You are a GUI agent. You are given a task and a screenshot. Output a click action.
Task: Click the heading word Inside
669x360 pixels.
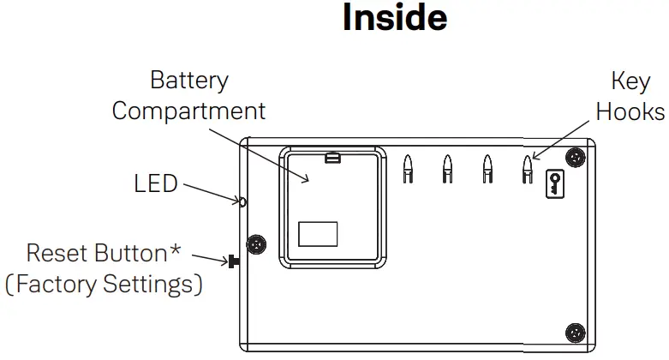[x=394, y=19]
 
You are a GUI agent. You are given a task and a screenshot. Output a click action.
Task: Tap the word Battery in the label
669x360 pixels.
[x=188, y=81]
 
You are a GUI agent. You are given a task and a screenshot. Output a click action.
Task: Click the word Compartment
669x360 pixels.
[x=188, y=111]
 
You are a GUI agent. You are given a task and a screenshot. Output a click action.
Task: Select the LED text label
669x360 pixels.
[x=156, y=183]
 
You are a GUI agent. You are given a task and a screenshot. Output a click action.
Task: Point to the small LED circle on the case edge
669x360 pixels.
[x=242, y=202]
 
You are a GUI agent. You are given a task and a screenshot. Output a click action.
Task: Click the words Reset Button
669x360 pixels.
[x=95, y=254]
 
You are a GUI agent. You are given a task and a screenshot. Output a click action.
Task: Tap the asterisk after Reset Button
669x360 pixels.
[x=176, y=251]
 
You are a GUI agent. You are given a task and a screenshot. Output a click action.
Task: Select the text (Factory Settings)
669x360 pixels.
[x=104, y=284]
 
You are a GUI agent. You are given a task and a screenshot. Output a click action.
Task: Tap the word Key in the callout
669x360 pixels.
[x=630, y=81]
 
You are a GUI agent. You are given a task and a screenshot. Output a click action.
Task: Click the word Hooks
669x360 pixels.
[x=630, y=111]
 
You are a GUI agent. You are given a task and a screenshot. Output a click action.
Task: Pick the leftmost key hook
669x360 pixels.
[x=409, y=168]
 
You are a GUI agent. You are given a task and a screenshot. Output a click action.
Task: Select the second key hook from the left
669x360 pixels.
[x=447, y=168]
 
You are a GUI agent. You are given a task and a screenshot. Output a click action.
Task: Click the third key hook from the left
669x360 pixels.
[x=487, y=168]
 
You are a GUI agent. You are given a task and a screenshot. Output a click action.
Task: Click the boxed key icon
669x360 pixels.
[x=555, y=184]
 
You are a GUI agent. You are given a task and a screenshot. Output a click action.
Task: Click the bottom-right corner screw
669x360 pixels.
[x=576, y=332]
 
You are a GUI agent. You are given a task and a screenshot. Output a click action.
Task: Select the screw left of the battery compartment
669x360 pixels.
[x=254, y=244]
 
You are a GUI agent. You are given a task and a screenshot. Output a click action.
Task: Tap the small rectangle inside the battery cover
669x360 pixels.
[x=318, y=234]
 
